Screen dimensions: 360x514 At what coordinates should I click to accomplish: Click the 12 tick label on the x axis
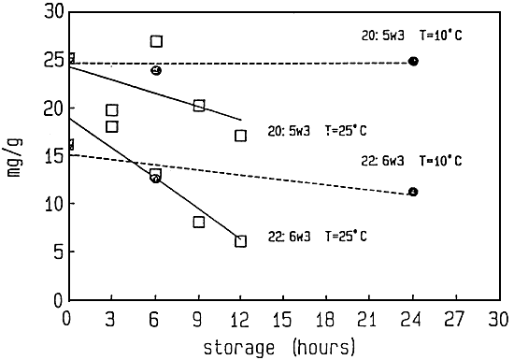[242, 316]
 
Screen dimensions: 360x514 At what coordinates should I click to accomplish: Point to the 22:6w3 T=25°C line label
[319, 237]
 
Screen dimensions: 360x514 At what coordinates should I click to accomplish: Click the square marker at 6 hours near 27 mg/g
[156, 41]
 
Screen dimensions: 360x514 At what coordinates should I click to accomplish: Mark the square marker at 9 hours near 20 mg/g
[199, 106]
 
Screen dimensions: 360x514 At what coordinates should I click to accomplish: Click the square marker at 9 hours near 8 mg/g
[199, 222]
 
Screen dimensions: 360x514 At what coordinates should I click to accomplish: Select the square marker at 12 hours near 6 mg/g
[241, 240]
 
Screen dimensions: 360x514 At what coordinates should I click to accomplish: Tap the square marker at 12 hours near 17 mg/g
[241, 136]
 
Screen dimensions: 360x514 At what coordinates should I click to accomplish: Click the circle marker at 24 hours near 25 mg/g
[413, 61]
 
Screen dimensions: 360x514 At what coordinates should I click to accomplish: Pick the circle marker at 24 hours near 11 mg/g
[412, 192]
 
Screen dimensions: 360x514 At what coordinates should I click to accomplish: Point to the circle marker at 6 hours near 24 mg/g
[156, 70]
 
